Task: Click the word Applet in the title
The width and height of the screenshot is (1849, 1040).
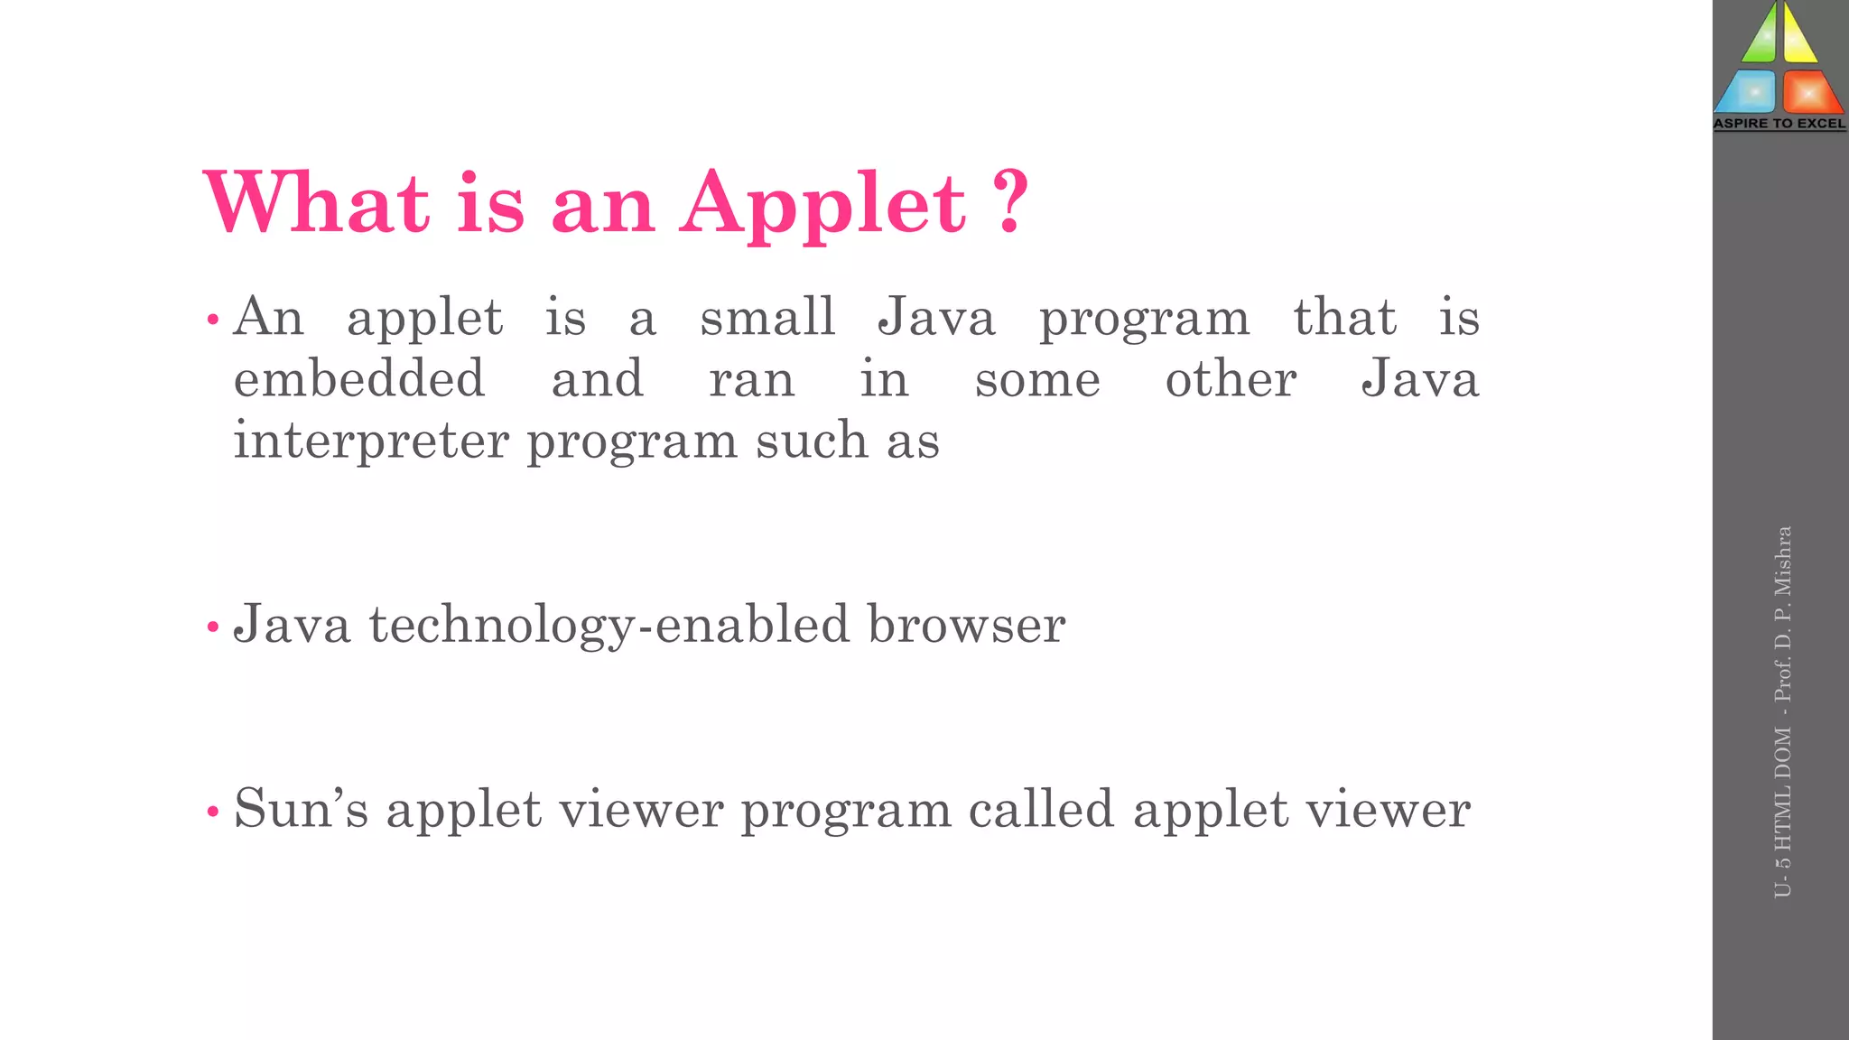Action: (823, 204)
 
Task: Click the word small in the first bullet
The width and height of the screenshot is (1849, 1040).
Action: (767, 317)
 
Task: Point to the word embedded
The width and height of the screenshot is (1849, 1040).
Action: (359, 378)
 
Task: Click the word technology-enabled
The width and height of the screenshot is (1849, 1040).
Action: (609, 625)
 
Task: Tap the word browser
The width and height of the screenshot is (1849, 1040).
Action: (966, 625)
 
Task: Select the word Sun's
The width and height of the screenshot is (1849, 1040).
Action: (301, 808)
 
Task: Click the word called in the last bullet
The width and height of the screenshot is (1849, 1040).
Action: (1041, 808)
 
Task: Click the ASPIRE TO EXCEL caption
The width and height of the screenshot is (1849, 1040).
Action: (1779, 124)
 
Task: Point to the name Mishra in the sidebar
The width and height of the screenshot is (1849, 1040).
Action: (1782, 562)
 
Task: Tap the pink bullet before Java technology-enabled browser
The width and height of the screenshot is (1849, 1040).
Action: (213, 627)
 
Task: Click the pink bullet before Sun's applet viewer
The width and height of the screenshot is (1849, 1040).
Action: (213, 811)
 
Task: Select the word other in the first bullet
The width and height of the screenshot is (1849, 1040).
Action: (1231, 378)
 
